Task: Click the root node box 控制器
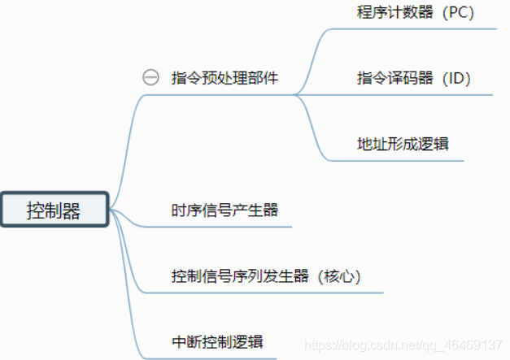(54, 210)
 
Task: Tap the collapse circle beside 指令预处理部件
(150, 78)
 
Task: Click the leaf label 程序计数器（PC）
(415, 13)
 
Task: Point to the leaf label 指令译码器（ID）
(414, 78)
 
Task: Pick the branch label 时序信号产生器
(225, 210)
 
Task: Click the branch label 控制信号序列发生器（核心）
(266, 275)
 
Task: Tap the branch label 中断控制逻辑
(217, 341)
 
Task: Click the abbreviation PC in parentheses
(458, 13)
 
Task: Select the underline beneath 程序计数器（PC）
(415, 29)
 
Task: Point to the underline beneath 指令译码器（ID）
(415, 94)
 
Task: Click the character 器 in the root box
(72, 210)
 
